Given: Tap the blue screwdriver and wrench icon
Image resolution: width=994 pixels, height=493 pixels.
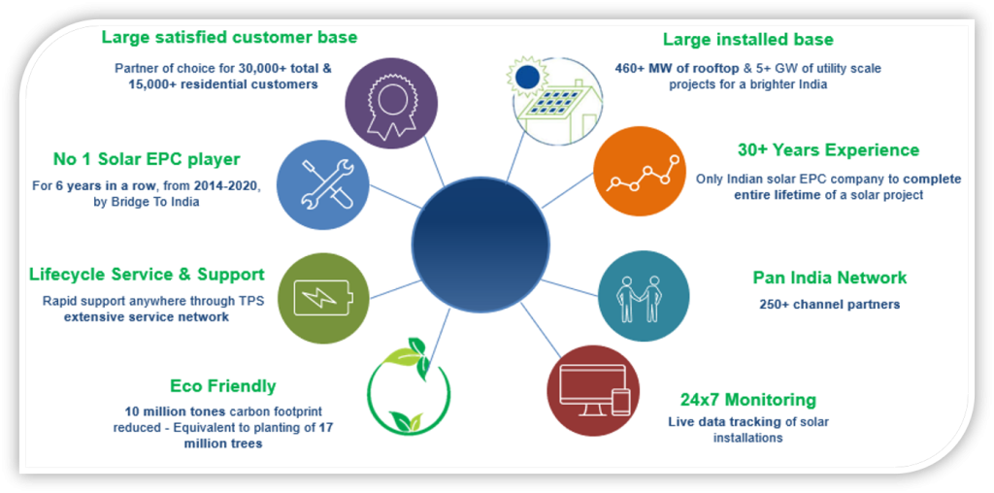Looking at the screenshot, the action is coord(324,184).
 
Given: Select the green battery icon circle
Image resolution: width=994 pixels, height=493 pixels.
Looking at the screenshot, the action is coord(324,297).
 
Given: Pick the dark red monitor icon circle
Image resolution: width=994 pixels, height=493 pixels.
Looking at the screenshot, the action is coord(593,391).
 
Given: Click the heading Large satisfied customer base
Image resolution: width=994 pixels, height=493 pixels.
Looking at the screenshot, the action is coord(229,38).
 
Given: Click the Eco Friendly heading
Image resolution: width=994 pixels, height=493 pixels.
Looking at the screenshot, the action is coord(223,386).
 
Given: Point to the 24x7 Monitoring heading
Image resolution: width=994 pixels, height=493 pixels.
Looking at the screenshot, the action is coord(748,400).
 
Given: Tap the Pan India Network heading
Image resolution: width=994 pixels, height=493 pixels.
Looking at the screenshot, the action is coord(830,278).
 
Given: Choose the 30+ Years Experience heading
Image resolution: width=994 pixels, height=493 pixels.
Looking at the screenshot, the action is coord(829,150).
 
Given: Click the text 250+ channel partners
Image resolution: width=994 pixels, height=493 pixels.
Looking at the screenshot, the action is coord(830,304).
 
